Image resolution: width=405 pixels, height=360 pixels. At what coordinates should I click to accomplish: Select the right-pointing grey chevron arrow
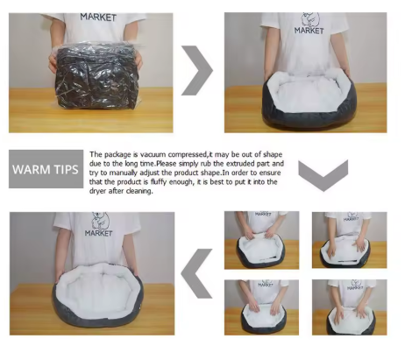[x=197, y=70]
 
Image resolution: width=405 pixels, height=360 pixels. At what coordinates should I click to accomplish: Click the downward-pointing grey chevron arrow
[x=323, y=175]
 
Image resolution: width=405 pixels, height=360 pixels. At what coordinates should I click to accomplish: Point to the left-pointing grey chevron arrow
[x=196, y=273]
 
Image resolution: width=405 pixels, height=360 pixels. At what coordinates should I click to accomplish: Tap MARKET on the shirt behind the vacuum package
[x=98, y=17]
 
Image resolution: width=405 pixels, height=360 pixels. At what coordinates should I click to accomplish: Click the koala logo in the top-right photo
[x=310, y=19]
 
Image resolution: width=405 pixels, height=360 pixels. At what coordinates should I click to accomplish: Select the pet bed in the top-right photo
[x=309, y=98]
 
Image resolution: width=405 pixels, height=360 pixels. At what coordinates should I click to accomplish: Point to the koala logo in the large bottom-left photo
[x=100, y=221]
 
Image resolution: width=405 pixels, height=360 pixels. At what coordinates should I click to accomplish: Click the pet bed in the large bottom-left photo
[x=97, y=295]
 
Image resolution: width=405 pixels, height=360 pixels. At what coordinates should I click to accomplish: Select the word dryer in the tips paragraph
[x=98, y=192]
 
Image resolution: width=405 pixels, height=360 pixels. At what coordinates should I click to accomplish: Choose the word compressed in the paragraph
[x=188, y=154]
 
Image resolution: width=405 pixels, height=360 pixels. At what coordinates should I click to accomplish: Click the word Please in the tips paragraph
[x=166, y=164]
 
